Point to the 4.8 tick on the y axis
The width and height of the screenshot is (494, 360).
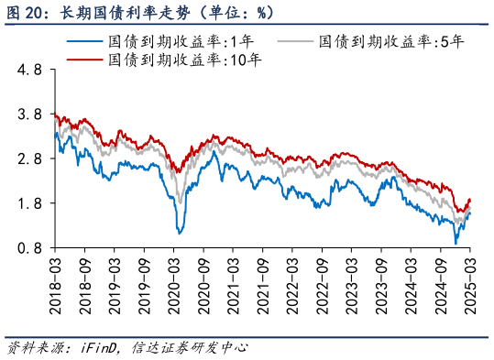pos(31,70)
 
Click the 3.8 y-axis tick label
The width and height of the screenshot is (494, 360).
pos(31,115)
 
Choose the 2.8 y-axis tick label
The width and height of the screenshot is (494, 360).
pos(31,158)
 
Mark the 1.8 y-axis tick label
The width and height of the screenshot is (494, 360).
pos(31,203)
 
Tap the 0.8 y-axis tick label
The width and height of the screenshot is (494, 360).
pos(31,248)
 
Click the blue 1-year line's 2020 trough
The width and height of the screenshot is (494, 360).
pos(179,233)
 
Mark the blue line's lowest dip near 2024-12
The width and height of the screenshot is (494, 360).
pos(456,243)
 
